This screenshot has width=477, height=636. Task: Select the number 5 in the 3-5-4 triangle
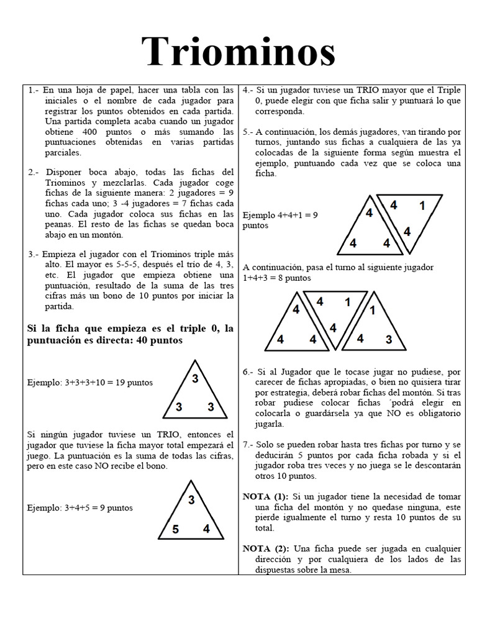tap(176, 530)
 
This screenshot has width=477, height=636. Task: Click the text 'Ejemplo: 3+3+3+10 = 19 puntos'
tap(89, 383)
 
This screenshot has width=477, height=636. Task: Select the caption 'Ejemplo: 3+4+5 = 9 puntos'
tap(79, 507)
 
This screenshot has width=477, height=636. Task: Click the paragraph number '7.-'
tap(250, 445)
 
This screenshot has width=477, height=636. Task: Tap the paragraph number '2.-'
tap(35, 172)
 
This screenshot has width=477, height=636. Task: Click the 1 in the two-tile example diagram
tap(422, 206)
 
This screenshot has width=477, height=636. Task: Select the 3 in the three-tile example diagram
tap(388, 339)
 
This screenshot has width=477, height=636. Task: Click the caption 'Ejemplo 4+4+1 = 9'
tap(280, 215)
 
